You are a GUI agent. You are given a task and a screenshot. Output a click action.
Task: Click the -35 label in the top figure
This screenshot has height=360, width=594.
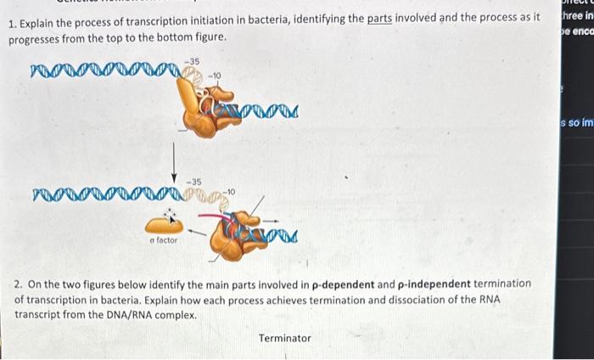(193, 62)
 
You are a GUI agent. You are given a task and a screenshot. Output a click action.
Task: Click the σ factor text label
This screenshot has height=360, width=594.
(164, 240)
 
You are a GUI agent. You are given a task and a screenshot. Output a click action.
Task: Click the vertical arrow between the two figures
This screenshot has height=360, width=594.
(175, 158)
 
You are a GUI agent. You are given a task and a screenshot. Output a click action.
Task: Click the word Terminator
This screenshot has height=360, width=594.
(284, 338)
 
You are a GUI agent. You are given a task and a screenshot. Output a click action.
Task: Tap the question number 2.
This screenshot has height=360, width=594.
(18, 283)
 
